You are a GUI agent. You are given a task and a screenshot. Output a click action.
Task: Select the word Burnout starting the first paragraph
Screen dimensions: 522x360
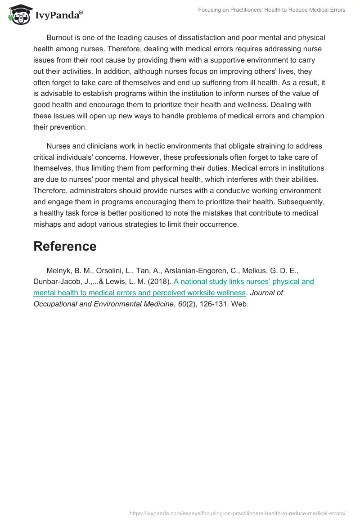click(x=60, y=38)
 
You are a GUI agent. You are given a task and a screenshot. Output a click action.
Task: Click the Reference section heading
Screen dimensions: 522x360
click(x=65, y=246)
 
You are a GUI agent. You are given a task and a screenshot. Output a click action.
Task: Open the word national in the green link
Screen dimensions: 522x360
click(x=197, y=282)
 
